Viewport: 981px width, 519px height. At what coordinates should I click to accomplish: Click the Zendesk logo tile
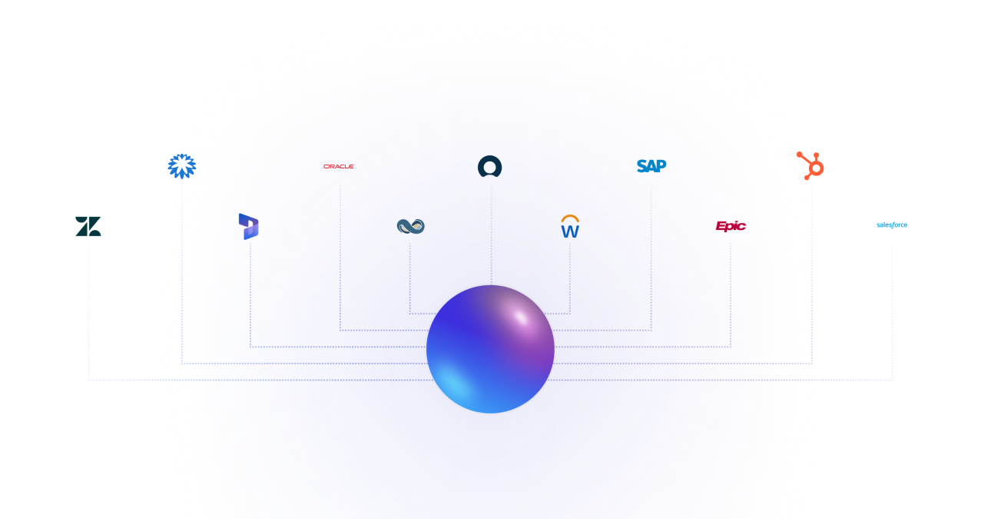point(88,226)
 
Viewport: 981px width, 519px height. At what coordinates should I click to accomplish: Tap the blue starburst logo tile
point(182,166)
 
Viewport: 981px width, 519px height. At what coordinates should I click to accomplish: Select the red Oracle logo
point(339,166)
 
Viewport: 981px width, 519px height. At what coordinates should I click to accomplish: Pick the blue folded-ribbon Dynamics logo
point(250,226)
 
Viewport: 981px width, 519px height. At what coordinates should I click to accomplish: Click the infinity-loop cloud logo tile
point(410,226)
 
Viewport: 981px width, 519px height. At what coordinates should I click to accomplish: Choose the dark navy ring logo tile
point(489,166)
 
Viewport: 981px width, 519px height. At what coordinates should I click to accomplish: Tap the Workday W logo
point(570,226)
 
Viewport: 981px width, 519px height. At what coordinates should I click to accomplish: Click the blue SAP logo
point(651,166)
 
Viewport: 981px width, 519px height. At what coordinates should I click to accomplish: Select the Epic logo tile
point(731,226)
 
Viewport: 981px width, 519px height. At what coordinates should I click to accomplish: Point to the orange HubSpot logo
point(810,166)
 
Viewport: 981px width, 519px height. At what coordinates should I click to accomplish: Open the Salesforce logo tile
point(892,226)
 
